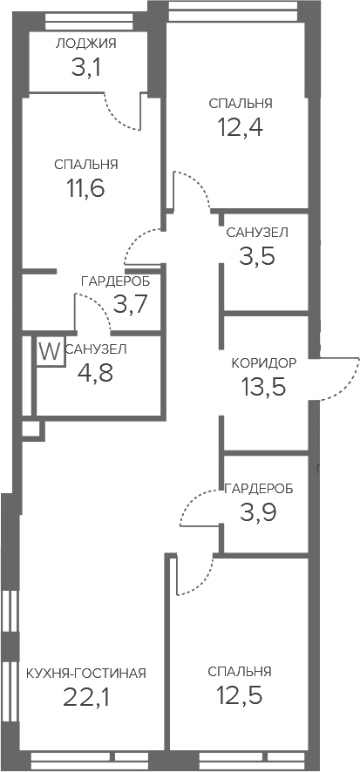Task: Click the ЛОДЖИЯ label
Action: coord(86,44)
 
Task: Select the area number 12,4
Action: coord(241,127)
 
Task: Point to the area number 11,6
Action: coord(85,187)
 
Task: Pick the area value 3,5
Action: coord(256,256)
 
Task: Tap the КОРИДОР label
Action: coord(264,363)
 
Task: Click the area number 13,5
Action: coord(263,387)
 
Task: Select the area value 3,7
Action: coord(131,304)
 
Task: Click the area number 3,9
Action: coord(258,512)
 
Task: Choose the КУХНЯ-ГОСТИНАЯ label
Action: coord(86,673)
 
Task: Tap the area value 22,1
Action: coord(86,696)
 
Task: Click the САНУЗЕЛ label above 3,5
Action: coord(256,233)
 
